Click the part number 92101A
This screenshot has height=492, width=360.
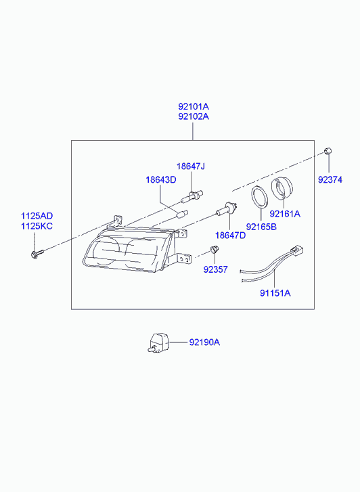[x=194, y=106]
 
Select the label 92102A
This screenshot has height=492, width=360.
[x=194, y=116]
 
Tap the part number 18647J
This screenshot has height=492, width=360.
[x=191, y=166]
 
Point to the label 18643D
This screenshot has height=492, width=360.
[x=160, y=180]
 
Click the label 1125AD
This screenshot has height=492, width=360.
[x=37, y=216]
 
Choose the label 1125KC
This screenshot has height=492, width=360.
[x=37, y=226]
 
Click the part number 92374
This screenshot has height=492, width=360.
[x=330, y=180]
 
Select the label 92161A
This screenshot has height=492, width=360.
[x=285, y=214]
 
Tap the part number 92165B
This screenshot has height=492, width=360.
[x=261, y=227]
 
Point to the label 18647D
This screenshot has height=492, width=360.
[x=230, y=236]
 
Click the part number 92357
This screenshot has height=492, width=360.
[x=215, y=269]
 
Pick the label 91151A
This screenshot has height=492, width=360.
[x=275, y=293]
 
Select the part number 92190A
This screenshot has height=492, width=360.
[x=204, y=342]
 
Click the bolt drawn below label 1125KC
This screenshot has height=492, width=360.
[x=37, y=253]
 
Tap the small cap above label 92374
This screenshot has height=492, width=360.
[x=328, y=151]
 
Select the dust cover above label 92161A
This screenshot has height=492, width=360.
[x=283, y=189]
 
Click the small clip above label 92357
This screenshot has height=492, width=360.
[x=215, y=250]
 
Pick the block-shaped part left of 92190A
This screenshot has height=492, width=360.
[x=158, y=342]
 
